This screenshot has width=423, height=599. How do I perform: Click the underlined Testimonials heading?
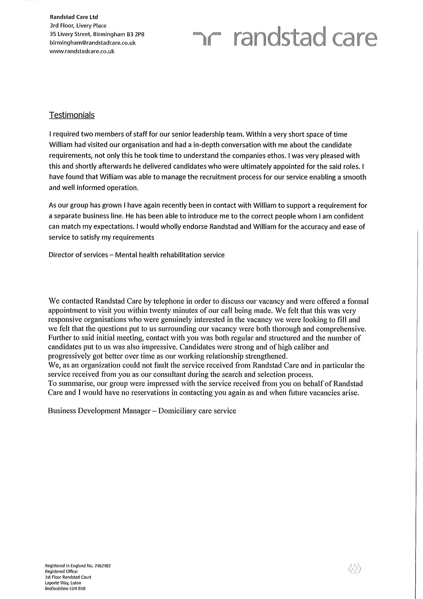click(x=72, y=115)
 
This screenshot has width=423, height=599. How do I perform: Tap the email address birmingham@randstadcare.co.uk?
click(x=93, y=43)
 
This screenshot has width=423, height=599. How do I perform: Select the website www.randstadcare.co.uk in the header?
click(x=82, y=51)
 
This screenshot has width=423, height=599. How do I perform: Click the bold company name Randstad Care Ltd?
click(x=74, y=17)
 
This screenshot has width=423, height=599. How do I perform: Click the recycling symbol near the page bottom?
click(x=354, y=568)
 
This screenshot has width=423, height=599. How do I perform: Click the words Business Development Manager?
click(x=99, y=411)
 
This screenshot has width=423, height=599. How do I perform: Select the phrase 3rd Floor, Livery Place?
click(x=78, y=26)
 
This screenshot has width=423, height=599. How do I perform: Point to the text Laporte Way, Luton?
click(x=63, y=583)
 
